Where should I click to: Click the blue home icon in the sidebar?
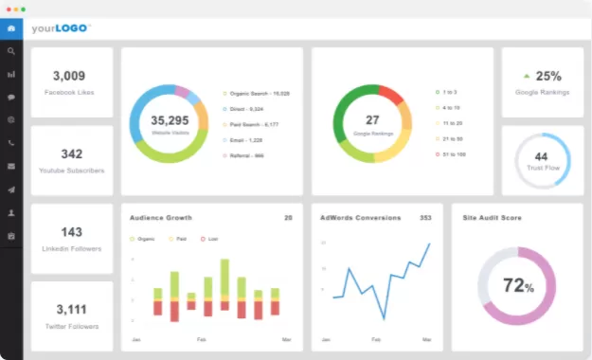(x=11, y=28)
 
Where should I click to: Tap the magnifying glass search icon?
(x=11, y=51)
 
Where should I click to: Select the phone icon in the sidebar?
(x=11, y=143)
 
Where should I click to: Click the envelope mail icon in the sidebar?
(x=11, y=166)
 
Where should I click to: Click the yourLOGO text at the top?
(x=62, y=28)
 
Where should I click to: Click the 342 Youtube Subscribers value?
(x=71, y=153)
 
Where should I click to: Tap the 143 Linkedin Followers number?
(x=71, y=231)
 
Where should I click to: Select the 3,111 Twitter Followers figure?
(x=71, y=309)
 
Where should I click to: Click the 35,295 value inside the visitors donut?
(x=170, y=120)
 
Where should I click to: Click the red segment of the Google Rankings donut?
(x=390, y=95)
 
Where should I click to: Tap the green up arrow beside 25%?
(x=527, y=76)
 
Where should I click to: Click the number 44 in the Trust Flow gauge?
(x=541, y=156)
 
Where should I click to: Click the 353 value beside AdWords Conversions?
(x=425, y=218)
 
